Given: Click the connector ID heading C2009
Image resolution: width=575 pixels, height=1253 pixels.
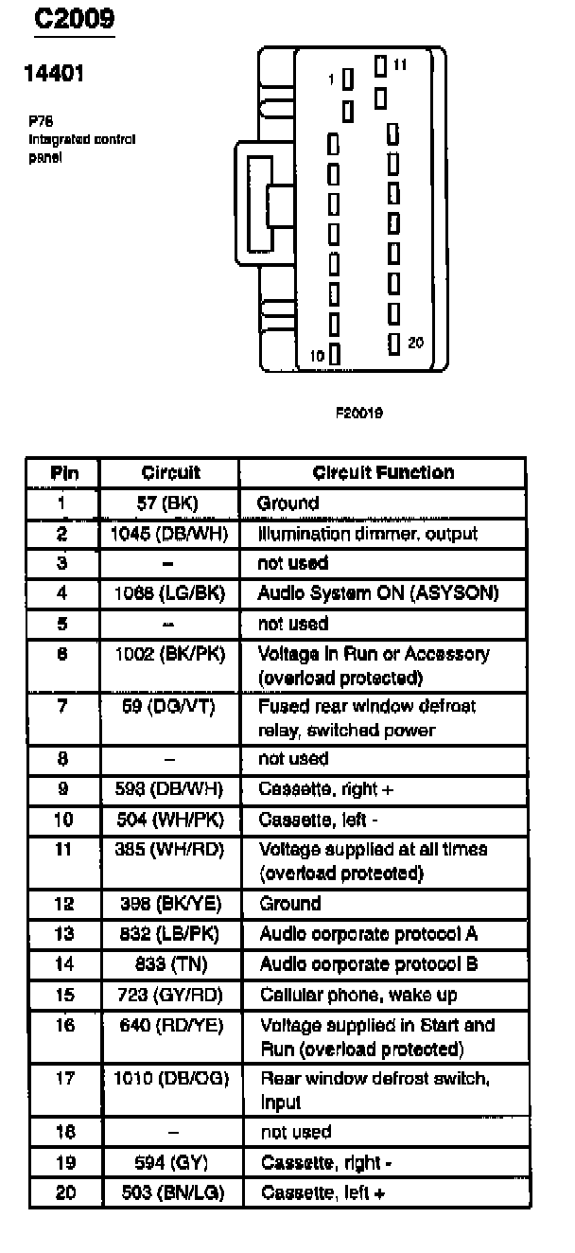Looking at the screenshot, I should pos(73,20).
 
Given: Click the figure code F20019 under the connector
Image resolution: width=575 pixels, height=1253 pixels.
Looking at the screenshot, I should pos(358,414).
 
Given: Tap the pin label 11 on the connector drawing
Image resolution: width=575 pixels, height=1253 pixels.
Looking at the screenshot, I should pos(400,65).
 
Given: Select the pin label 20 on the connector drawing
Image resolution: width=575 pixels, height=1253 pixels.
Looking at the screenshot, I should pos(415,342).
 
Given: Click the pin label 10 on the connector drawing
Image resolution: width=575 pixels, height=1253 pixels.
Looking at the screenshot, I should pos(318,357).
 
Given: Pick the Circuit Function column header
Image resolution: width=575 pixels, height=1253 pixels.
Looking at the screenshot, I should pos(383,472).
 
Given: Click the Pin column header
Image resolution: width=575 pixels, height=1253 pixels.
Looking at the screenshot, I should pos(64,473).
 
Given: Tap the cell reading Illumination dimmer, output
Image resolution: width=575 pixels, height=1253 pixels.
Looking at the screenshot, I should pos(367,533).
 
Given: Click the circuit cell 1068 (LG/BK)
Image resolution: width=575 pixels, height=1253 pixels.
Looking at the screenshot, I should pos(169,593).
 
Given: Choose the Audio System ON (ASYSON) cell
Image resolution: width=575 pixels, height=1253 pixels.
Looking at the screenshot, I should pos(377,593).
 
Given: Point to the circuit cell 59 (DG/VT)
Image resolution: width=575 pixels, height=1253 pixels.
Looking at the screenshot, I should pos(170,706).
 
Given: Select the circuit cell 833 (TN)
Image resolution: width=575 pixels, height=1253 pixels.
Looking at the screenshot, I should pos(170,964).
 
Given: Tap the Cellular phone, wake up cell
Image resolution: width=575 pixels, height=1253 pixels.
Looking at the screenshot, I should pos(358,995).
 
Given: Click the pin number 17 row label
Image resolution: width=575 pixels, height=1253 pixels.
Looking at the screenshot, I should pos(64,1078).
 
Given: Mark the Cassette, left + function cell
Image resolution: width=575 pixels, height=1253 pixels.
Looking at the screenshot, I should pos(322,1192).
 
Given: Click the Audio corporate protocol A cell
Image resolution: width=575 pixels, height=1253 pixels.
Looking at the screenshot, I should pos(368,934).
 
